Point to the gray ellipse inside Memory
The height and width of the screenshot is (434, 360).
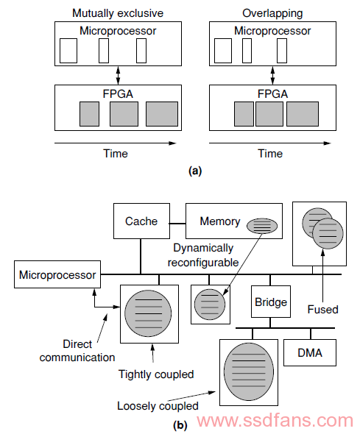tap(262, 226)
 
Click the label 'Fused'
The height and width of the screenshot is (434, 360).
tap(323, 309)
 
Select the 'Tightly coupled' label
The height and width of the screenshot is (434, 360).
tap(156, 374)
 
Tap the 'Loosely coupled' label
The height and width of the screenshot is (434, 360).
tap(158, 406)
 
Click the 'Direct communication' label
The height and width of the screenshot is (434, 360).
tap(77, 351)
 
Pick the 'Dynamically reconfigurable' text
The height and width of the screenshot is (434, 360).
tap(203, 255)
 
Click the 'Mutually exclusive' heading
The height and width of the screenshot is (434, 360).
tap(118, 13)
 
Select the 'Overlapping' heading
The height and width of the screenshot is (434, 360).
tap(272, 13)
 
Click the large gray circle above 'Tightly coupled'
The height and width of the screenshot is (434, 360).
tap(148, 313)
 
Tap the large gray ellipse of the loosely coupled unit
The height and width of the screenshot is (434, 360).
tap(249, 372)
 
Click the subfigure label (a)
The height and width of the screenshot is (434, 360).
tap(195, 171)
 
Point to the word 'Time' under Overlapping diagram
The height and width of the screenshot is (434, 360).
tap(270, 153)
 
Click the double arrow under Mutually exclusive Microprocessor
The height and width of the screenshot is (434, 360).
tap(118, 75)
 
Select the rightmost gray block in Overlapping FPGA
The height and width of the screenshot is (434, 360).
tap(303, 114)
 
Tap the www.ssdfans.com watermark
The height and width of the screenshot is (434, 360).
tap(275, 420)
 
